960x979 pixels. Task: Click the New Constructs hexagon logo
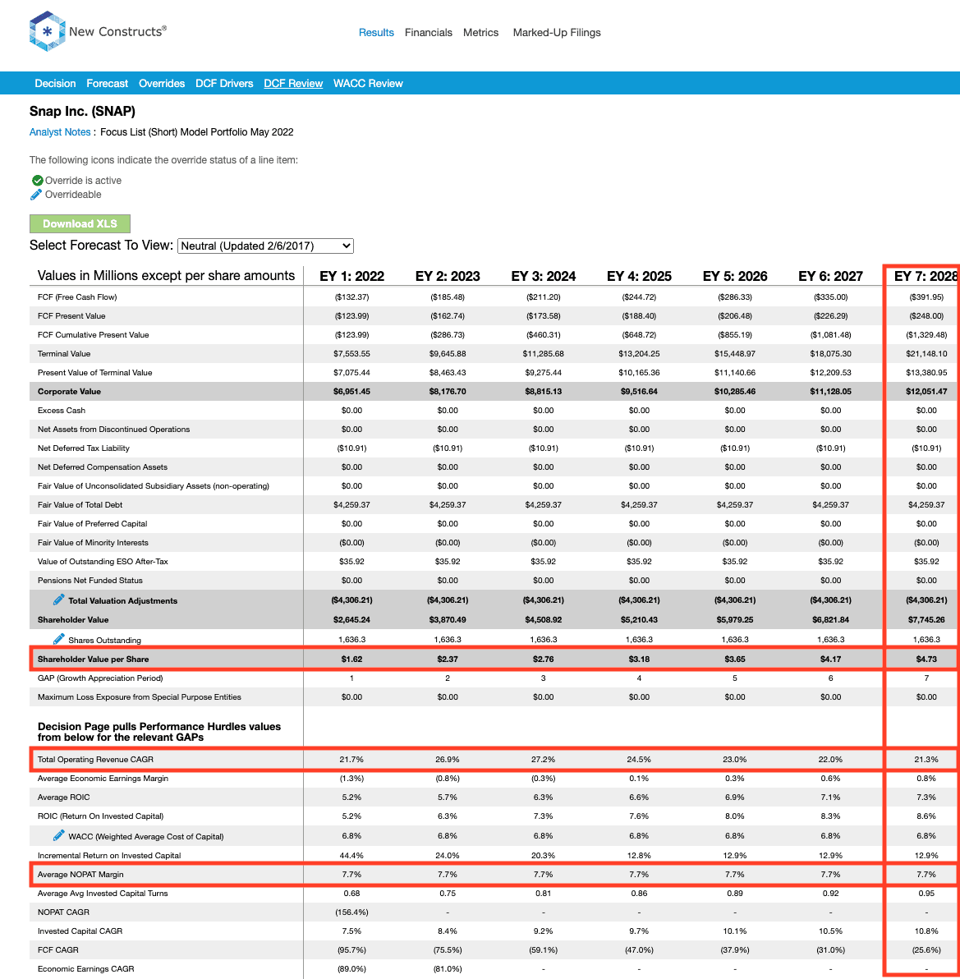(47, 31)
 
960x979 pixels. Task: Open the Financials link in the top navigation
(428, 33)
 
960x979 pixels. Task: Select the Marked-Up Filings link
(557, 33)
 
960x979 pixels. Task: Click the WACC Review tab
(368, 84)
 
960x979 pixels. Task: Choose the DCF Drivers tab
(224, 84)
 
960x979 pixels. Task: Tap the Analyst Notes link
(60, 132)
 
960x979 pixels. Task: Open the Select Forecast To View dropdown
(266, 246)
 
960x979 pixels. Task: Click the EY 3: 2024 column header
(543, 276)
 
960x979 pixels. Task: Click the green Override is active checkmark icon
(38, 181)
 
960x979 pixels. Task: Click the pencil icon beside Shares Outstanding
(58, 639)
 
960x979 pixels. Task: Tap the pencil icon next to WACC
(58, 835)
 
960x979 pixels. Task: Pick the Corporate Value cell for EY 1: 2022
(352, 392)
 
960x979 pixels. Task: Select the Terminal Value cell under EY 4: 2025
(639, 353)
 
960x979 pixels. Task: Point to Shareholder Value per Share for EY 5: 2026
(735, 659)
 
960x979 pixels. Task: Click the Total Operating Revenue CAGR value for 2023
(448, 759)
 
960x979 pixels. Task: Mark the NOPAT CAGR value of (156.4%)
(352, 912)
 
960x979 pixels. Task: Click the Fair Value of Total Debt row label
(80, 504)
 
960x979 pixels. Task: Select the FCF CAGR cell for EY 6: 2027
(831, 949)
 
